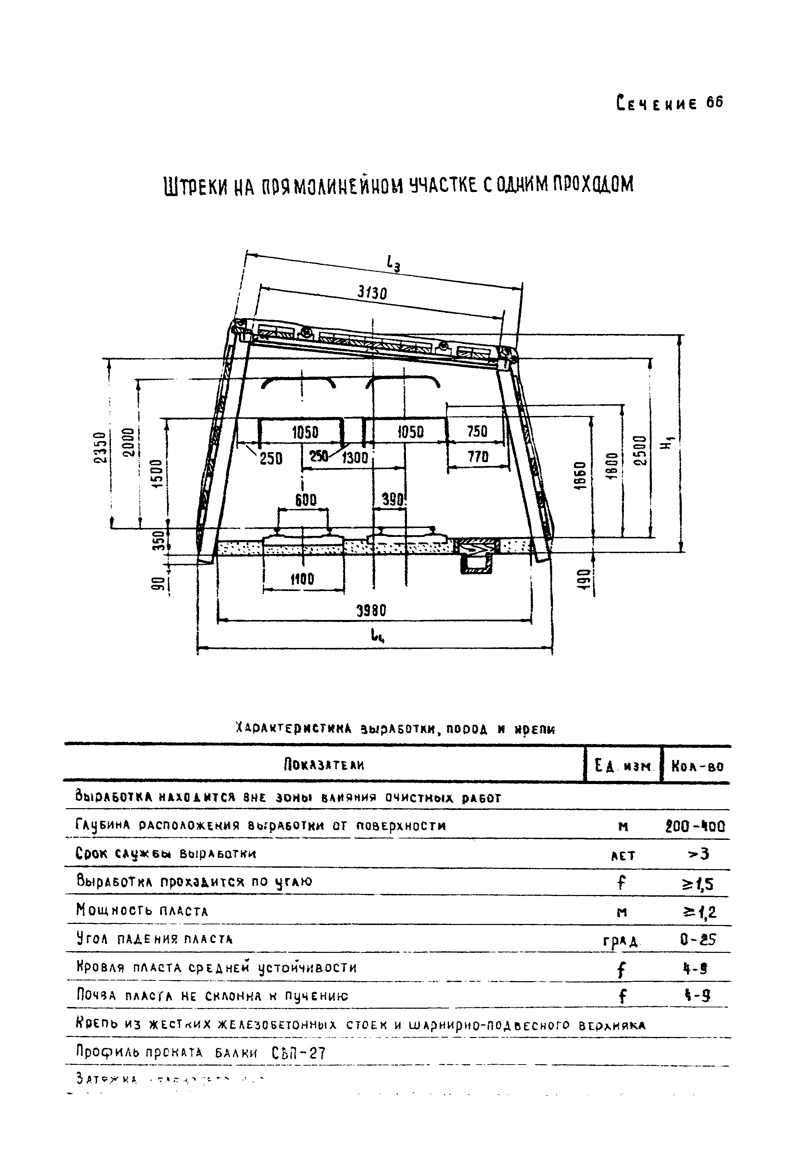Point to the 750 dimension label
click(x=477, y=431)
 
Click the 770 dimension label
click(x=478, y=456)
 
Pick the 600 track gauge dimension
click(x=305, y=500)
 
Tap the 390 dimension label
click(x=393, y=499)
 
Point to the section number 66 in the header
click(x=714, y=102)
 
